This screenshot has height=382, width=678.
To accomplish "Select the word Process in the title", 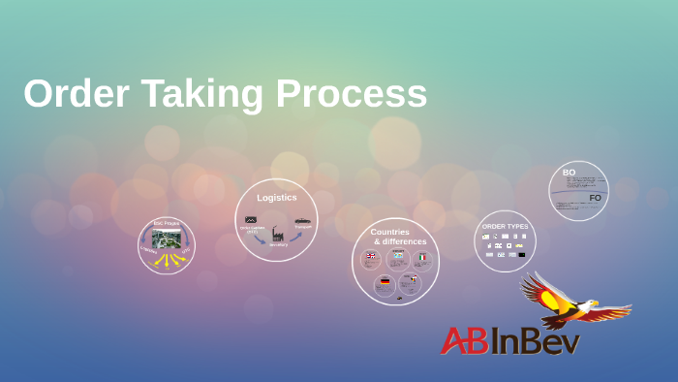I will (352, 94).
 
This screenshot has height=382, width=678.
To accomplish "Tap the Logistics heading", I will (277, 198).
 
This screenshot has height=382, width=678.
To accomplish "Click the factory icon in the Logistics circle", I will (277, 234).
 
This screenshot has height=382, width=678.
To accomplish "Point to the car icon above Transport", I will (303, 221).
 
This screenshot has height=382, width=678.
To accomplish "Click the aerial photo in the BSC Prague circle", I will (167, 239).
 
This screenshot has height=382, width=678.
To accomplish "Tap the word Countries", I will (389, 232).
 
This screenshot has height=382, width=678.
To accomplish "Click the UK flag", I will (371, 256).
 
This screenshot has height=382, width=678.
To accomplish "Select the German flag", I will (385, 282).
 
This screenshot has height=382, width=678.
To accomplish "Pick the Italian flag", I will (422, 257).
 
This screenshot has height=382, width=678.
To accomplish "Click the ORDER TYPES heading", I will (505, 226).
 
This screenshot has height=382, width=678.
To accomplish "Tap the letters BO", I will (569, 173).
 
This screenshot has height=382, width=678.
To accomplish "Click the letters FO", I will (595, 198).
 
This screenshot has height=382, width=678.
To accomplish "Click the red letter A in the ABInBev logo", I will (453, 340).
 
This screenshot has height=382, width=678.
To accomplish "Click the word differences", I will (400, 241).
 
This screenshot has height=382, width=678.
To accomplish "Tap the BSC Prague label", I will (167, 223).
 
